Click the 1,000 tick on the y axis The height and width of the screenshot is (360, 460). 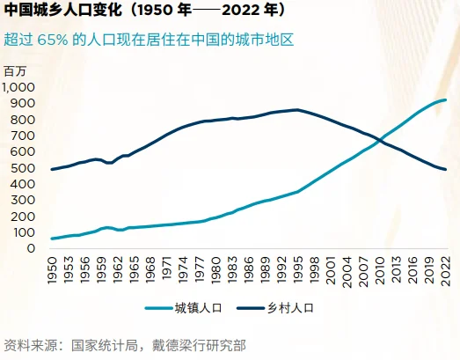pyautogui.click(x=18, y=87)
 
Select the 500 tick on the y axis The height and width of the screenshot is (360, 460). pyautogui.click(x=24, y=168)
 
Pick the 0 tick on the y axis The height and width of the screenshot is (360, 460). pyautogui.click(x=32, y=249)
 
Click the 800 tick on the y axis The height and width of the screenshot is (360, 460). pyautogui.click(x=24, y=120)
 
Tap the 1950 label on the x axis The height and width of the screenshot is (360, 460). pyautogui.click(x=53, y=269)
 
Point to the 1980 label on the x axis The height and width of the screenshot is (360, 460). pyautogui.click(x=215, y=269)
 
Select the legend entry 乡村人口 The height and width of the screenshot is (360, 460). pyautogui.click(x=290, y=308)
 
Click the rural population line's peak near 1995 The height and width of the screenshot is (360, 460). pyautogui.click(x=297, y=110)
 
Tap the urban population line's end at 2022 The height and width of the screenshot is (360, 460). pyautogui.click(x=445, y=100)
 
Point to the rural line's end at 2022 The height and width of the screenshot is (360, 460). pyautogui.click(x=445, y=169)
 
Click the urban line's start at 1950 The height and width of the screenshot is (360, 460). pyautogui.click(x=53, y=239)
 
